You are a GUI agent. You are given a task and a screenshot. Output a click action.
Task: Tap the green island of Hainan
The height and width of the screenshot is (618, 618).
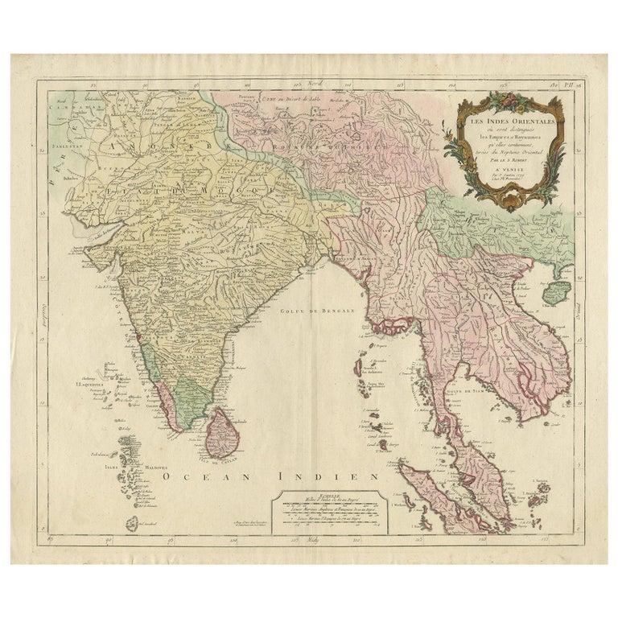(x=553, y=294)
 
